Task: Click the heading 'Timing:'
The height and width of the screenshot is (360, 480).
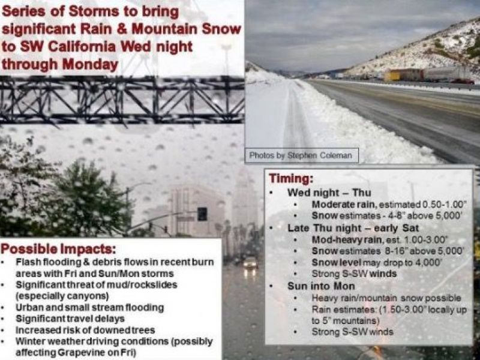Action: (292, 179)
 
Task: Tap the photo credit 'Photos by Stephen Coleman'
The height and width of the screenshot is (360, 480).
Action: (302, 155)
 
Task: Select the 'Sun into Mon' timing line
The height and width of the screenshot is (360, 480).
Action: (320, 286)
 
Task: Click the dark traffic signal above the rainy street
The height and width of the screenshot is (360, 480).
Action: (202, 214)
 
